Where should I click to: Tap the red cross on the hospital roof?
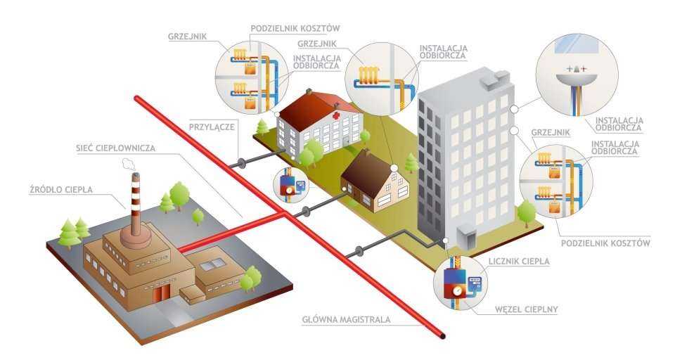point(339,113)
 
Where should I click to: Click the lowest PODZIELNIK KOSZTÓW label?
point(605,243)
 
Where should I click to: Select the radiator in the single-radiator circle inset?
point(369,72)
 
